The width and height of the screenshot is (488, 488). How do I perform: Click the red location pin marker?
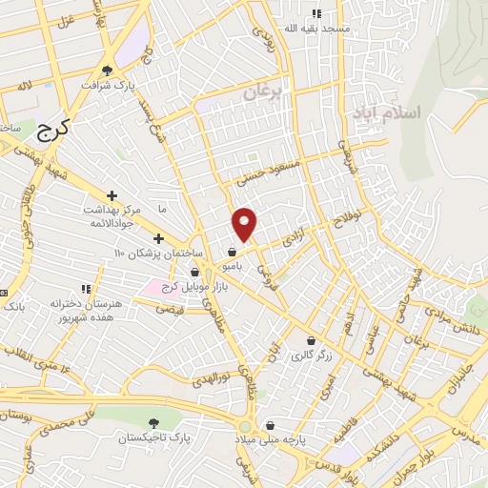(245, 223)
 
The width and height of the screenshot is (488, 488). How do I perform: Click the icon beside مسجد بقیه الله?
(317, 13)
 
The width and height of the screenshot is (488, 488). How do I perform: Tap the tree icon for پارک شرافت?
(107, 70)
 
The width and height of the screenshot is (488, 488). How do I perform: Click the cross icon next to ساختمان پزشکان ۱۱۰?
(158, 237)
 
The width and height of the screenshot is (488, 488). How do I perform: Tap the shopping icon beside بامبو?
(232, 253)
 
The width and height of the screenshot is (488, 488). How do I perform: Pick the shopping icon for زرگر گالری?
(311, 340)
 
